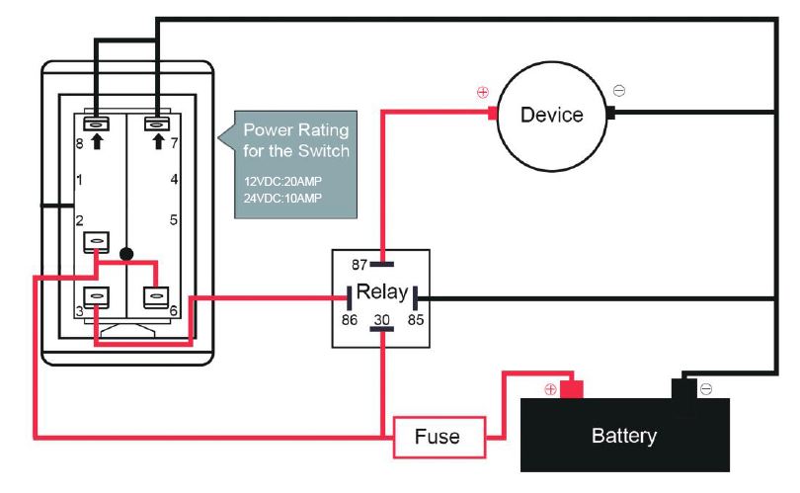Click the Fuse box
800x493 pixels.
[437, 436]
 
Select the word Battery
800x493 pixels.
[623, 436]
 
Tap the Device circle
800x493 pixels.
[551, 115]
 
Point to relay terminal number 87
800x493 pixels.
[360, 264]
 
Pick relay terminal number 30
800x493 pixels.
[381, 320]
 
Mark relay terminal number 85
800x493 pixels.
[416, 320]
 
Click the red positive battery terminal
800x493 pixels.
[572, 388]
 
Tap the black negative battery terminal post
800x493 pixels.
[682, 387]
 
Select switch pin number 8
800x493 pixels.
[81, 144]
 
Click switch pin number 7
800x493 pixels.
[174, 144]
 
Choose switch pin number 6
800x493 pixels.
[174, 310]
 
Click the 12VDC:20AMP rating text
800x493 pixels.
[282, 183]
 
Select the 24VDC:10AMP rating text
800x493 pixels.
[282, 199]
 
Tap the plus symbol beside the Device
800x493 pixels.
[483, 93]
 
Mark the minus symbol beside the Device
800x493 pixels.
[619, 91]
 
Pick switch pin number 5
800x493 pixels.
[174, 219]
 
